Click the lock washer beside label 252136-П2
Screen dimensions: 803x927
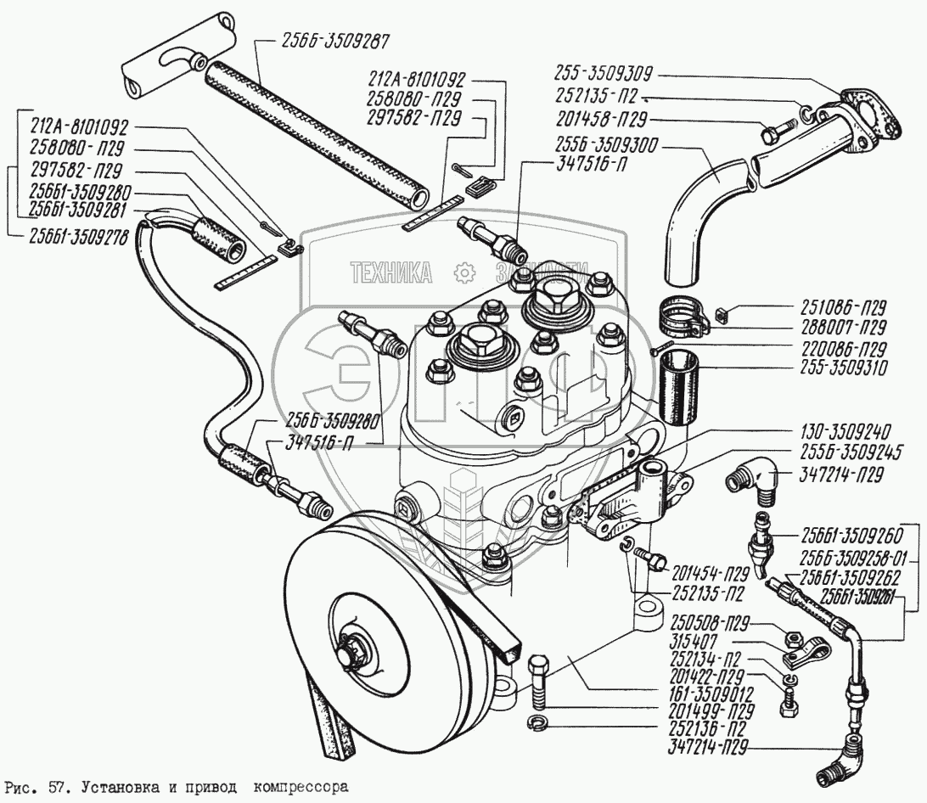538,723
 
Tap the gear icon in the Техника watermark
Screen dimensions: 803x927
463,272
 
